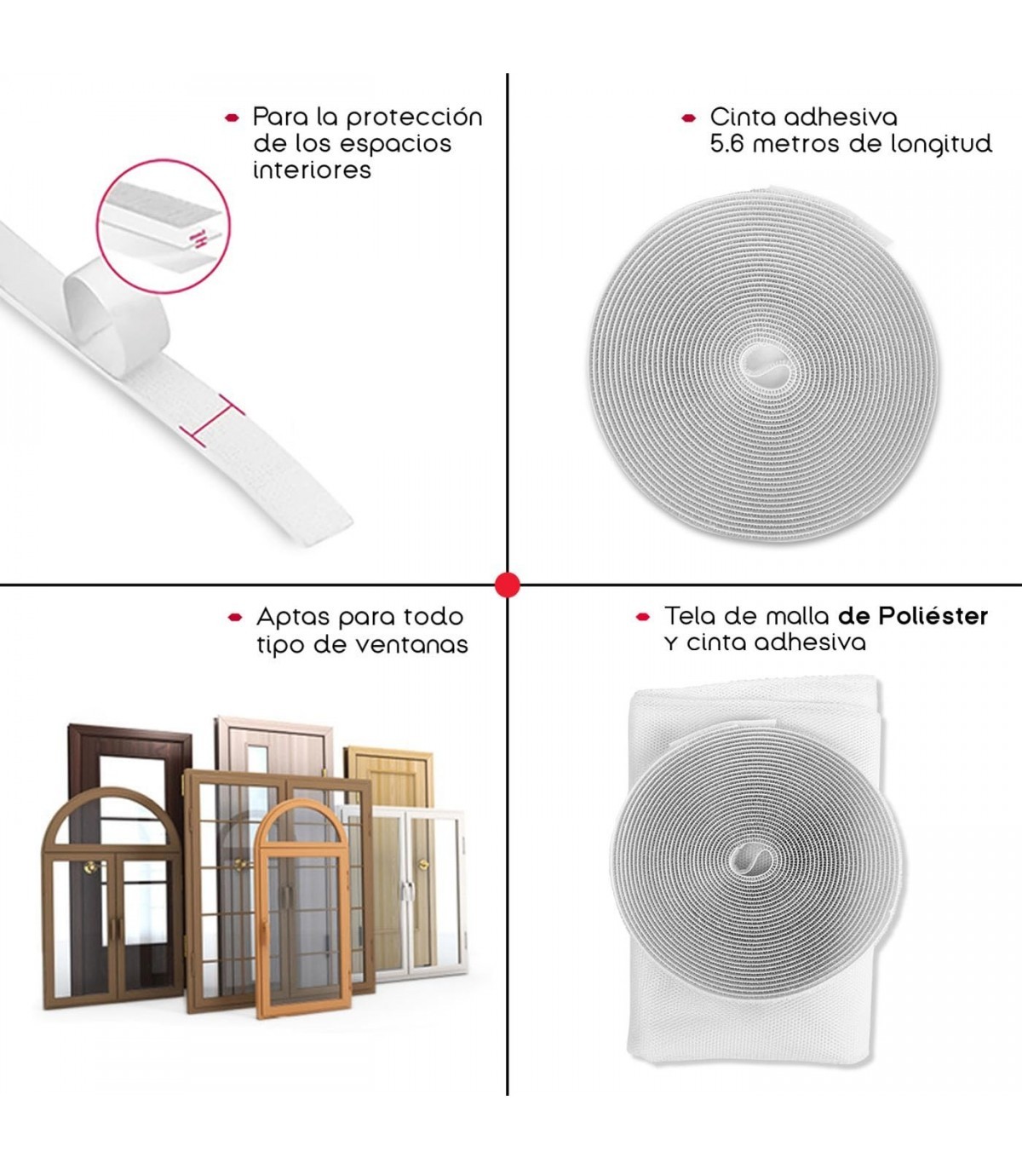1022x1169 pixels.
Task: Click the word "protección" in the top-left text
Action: click(414, 118)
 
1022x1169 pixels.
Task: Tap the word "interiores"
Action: click(312, 170)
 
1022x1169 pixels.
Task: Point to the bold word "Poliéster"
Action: click(933, 616)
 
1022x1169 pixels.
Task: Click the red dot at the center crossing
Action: click(507, 584)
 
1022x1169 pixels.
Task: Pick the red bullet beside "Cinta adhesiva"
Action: click(688, 118)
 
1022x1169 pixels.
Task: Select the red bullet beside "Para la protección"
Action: click(232, 118)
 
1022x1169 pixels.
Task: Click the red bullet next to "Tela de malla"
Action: click(643, 617)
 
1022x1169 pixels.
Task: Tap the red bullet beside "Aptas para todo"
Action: click(235, 618)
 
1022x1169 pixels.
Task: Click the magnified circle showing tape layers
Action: click(164, 227)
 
